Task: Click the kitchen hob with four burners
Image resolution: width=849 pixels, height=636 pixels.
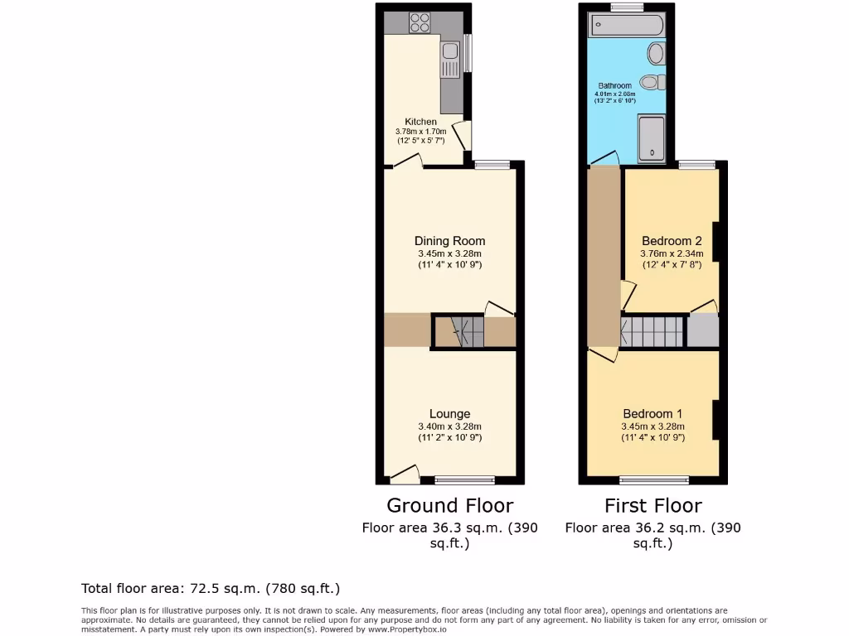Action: pos(420,22)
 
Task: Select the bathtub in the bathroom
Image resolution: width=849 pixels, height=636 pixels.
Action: pos(626,25)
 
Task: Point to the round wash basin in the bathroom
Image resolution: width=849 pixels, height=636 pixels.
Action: pos(655,54)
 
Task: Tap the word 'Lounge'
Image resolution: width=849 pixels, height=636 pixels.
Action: pos(449,414)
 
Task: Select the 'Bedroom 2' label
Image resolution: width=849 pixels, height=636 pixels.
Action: pos(672,242)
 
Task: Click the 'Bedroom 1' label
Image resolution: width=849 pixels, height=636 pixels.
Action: pos(653,414)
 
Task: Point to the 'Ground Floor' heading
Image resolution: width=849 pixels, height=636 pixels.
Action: pos(449,505)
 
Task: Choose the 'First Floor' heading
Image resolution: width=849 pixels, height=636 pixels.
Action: pos(653,505)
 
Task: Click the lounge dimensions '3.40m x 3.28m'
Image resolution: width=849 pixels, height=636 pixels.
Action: pos(449,426)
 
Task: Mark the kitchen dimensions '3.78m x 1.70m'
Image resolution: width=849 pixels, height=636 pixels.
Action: pos(420,132)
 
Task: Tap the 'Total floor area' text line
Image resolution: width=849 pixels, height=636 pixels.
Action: pos(211,589)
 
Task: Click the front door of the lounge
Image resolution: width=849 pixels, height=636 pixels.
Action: pos(404,475)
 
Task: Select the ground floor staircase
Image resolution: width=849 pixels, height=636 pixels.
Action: pos(458,331)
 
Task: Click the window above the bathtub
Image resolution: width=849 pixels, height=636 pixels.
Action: pos(627,7)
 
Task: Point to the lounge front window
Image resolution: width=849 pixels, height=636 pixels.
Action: pos(464,480)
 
